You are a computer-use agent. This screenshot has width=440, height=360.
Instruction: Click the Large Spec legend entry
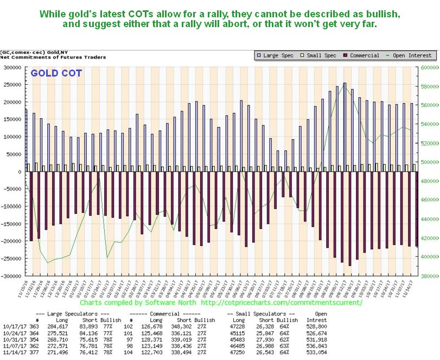coord(276,55)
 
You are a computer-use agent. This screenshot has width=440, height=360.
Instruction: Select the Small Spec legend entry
coord(320,55)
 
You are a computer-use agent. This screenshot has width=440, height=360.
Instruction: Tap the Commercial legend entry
coord(365,55)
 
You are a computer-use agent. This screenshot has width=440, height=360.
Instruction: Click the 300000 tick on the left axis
coord(11,68)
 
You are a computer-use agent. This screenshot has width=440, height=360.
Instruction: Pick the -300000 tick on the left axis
coord(10,276)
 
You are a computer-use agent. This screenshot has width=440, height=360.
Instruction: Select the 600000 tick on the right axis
coord(426,68)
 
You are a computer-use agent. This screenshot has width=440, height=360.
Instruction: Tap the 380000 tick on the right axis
coord(426,276)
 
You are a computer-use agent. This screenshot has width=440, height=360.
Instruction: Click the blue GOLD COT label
coord(56,73)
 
